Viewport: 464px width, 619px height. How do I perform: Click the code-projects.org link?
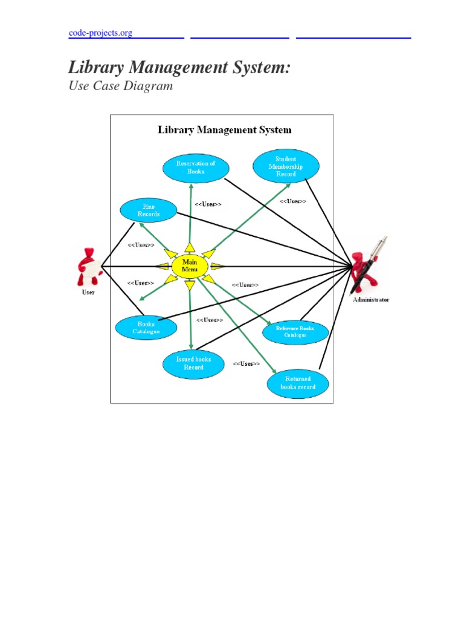tap(100, 33)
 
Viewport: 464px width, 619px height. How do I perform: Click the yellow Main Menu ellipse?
tap(190, 266)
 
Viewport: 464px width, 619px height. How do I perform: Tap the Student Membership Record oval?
tap(286, 166)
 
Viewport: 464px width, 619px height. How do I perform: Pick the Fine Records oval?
tap(148, 210)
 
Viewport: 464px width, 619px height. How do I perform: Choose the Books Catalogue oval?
tap(146, 328)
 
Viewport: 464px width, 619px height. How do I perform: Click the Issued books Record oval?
tap(193, 363)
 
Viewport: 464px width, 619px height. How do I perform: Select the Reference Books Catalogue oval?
tap(295, 332)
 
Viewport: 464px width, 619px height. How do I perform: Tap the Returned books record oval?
tap(297, 383)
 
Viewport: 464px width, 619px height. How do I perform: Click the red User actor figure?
tap(88, 267)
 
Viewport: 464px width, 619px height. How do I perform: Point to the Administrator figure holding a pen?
tap(369, 266)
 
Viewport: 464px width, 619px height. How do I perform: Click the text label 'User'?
tap(88, 293)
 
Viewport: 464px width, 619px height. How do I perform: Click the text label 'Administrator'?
tap(371, 299)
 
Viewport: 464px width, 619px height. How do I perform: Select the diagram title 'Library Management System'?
tap(224, 129)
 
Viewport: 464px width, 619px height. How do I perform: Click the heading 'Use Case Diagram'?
tap(121, 86)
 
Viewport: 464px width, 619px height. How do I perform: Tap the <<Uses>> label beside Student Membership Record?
tap(293, 201)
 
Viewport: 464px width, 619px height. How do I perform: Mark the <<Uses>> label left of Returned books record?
tap(246, 364)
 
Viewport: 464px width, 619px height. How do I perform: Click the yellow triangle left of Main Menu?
tap(163, 266)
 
